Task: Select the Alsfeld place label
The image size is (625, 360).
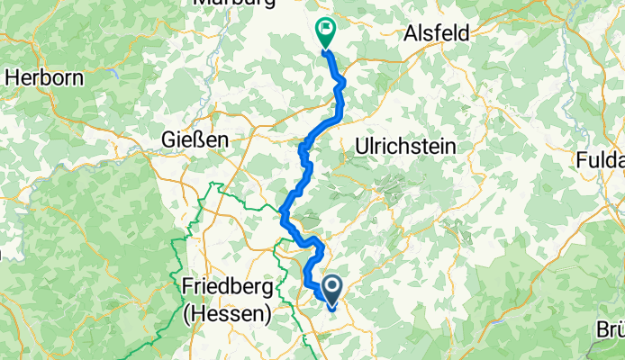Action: tap(437, 32)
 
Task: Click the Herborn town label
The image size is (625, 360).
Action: tap(44, 77)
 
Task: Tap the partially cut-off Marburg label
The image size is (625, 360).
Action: tap(232, 4)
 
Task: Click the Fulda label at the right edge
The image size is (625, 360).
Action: tap(602, 160)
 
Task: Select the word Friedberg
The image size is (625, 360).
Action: tap(225, 287)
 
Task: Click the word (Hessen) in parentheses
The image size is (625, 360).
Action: tap(226, 314)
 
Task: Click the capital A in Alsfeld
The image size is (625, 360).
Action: tap(410, 32)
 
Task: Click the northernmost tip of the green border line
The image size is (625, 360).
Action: tap(215, 184)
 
